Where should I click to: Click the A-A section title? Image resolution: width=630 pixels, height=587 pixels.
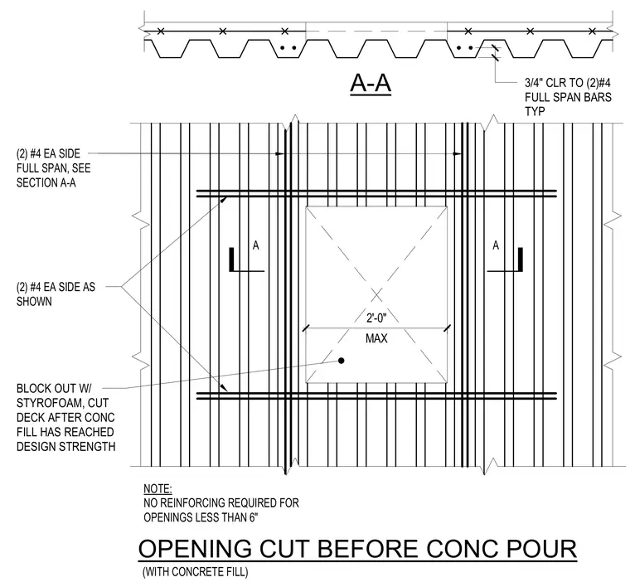click(x=371, y=84)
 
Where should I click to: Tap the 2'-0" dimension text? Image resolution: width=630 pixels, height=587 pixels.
click(x=376, y=318)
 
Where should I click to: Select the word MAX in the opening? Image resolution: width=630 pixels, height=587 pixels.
click(x=376, y=338)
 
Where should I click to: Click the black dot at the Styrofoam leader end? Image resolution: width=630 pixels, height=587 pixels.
click(x=342, y=361)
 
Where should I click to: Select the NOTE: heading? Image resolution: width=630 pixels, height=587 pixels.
click(x=157, y=488)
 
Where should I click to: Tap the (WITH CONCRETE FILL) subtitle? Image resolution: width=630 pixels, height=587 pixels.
click(x=196, y=572)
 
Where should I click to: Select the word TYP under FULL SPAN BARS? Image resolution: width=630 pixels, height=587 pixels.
click(x=535, y=111)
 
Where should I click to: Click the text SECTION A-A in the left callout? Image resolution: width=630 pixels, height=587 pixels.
click(x=46, y=182)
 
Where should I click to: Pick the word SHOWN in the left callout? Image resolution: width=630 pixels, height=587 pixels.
click(x=34, y=301)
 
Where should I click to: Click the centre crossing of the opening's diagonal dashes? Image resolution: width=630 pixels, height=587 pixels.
click(x=376, y=294)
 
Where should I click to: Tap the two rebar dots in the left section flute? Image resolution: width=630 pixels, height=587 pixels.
click(x=288, y=48)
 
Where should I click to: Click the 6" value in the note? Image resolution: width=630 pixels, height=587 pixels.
click(x=253, y=517)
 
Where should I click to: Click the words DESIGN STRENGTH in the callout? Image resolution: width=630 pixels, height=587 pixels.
click(x=65, y=446)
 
